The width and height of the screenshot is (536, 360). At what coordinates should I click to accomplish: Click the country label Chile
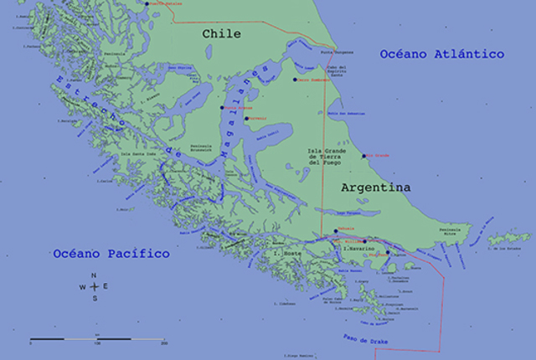click(221, 34)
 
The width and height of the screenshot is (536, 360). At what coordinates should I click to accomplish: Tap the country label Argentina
click(376, 188)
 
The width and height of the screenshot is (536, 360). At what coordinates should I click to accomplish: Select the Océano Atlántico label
click(441, 54)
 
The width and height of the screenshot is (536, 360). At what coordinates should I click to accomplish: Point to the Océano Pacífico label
click(111, 253)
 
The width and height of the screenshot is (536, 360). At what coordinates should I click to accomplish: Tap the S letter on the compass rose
click(94, 298)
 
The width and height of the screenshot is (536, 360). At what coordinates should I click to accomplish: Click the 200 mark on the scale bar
click(164, 343)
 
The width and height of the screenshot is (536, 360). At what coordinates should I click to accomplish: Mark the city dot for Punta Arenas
click(223, 107)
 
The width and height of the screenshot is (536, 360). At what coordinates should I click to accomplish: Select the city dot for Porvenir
click(246, 119)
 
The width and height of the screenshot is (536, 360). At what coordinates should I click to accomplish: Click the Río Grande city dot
click(363, 156)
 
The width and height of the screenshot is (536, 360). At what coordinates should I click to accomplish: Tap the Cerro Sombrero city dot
click(295, 80)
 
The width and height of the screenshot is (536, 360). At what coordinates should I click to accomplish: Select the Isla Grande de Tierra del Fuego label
click(324, 157)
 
